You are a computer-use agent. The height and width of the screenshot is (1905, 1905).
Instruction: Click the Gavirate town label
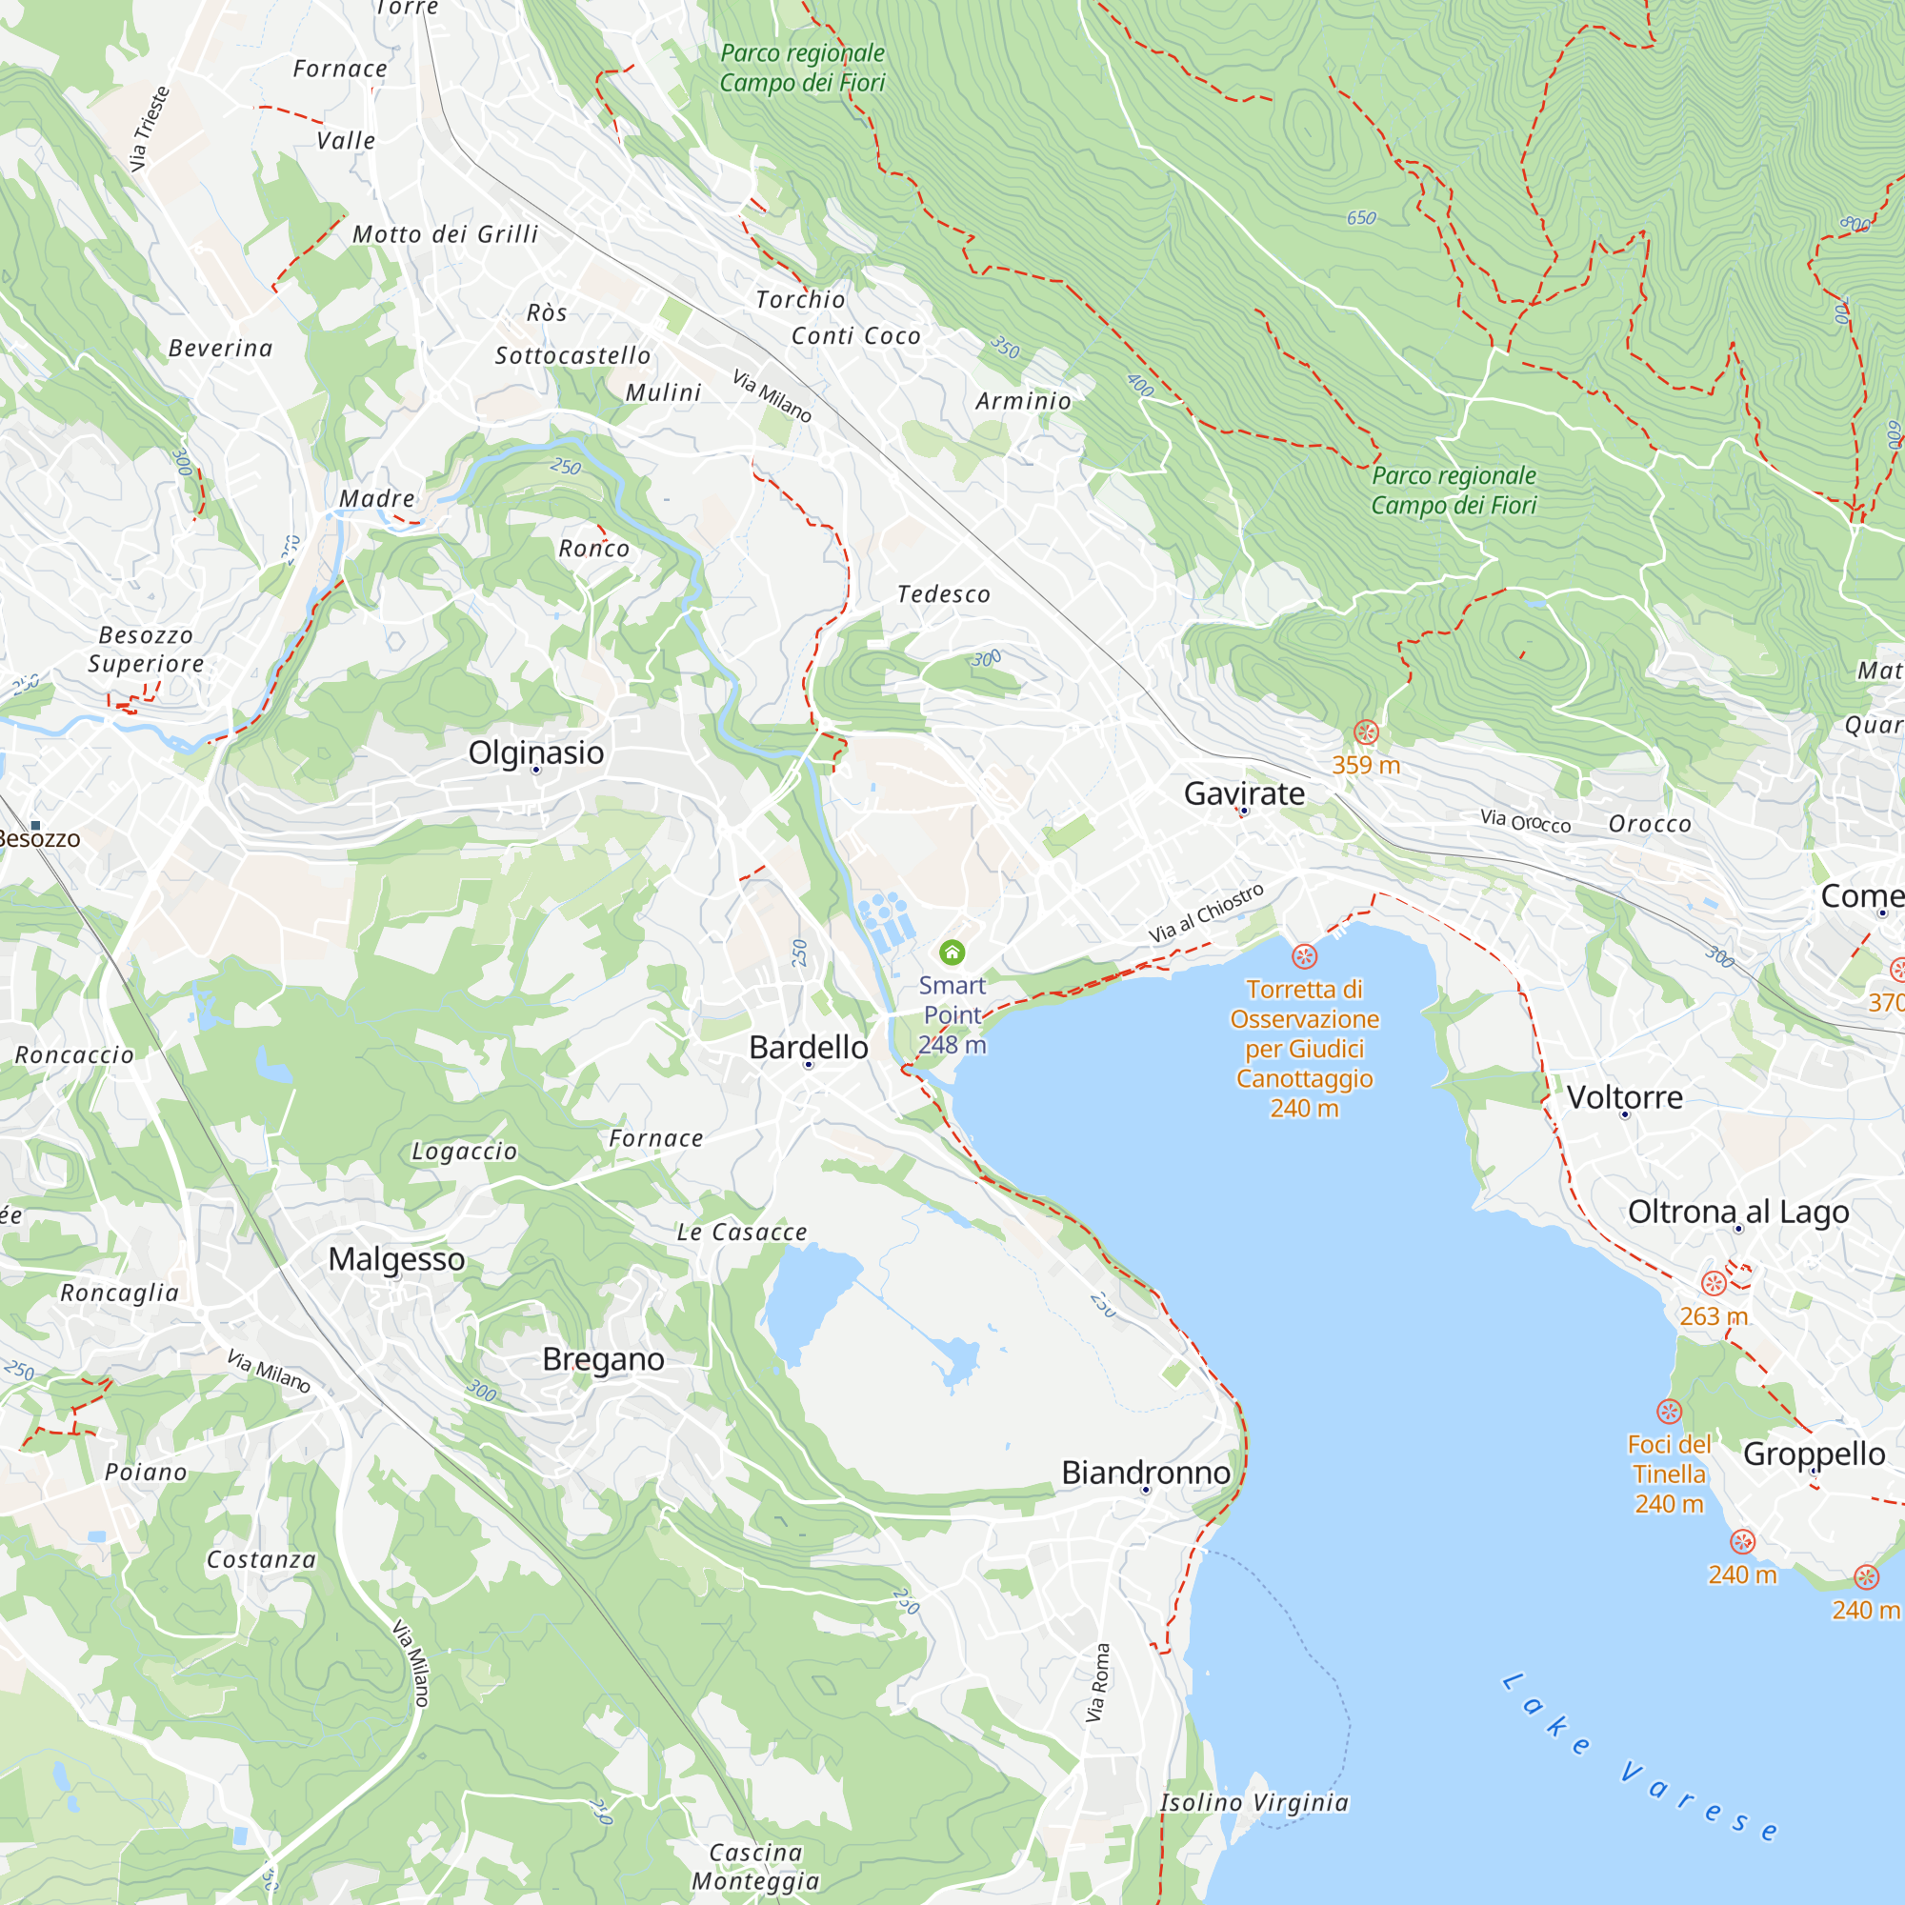click(1243, 793)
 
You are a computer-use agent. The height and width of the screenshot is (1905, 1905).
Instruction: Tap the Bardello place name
click(809, 1047)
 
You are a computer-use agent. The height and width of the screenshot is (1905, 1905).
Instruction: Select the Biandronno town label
click(1146, 1473)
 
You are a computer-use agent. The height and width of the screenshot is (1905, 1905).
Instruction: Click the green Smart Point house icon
click(952, 952)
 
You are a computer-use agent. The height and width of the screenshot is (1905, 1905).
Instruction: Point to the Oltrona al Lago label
click(1738, 1212)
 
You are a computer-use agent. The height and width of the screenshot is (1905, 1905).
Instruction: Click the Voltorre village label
click(1625, 1097)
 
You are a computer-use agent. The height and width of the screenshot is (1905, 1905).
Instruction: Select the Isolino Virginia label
click(1254, 1802)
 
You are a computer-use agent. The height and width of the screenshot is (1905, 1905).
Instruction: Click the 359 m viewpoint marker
click(1366, 732)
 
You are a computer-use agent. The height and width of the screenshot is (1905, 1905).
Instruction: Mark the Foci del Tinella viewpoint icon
click(1669, 1411)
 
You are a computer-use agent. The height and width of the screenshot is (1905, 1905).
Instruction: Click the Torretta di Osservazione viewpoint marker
click(1305, 955)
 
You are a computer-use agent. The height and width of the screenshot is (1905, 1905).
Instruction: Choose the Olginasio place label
click(535, 752)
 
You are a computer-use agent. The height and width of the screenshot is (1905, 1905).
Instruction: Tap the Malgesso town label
click(396, 1259)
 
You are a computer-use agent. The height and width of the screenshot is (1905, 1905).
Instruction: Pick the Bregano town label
click(604, 1360)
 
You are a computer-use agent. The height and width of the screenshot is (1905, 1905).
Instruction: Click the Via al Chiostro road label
click(1205, 913)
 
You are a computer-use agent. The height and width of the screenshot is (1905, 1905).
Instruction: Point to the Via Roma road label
click(1097, 1683)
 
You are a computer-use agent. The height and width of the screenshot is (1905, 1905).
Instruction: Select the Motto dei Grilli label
click(446, 234)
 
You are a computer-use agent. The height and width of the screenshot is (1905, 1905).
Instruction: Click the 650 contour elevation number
click(1361, 218)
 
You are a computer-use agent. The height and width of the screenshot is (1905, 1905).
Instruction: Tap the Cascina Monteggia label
click(755, 1867)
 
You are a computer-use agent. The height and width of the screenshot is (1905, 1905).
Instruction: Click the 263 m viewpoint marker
click(1714, 1283)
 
